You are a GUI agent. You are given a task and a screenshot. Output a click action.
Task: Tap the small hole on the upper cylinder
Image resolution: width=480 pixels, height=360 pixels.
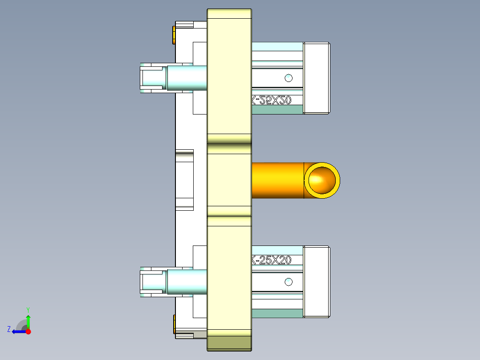[289, 78]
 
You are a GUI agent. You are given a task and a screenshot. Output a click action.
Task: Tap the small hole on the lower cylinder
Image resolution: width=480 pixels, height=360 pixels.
[289, 282]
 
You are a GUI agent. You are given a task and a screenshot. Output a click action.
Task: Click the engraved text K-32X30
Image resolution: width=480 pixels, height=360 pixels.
[272, 101]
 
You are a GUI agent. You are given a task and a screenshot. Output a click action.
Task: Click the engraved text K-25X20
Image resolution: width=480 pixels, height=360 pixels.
[272, 260]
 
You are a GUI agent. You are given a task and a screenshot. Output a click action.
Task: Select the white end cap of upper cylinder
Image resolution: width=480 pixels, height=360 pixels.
[317, 78]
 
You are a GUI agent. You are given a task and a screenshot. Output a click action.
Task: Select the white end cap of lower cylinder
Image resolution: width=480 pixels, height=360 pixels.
[317, 282]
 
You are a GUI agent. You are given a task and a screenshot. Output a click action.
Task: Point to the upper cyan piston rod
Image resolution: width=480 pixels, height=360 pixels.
[187, 78]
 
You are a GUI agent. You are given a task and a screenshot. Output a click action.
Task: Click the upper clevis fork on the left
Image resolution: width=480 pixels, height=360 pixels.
[151, 78]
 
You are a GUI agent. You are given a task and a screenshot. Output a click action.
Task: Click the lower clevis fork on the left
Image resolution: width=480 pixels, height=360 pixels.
[151, 282]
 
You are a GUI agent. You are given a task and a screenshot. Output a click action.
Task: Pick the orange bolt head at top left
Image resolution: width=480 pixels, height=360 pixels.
[174, 35]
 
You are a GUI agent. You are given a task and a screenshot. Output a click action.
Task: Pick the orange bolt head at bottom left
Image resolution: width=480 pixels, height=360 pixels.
[174, 324]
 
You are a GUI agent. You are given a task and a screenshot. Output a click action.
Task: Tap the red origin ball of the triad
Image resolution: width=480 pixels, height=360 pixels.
[28, 331]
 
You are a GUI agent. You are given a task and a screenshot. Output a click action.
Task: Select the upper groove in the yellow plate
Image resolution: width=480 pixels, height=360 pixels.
[229, 149]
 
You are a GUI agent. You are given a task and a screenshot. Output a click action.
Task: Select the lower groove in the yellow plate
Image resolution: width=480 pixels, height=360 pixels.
[229, 221]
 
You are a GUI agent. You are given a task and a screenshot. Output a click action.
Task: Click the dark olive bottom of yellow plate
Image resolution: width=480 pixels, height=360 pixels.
[229, 343]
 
